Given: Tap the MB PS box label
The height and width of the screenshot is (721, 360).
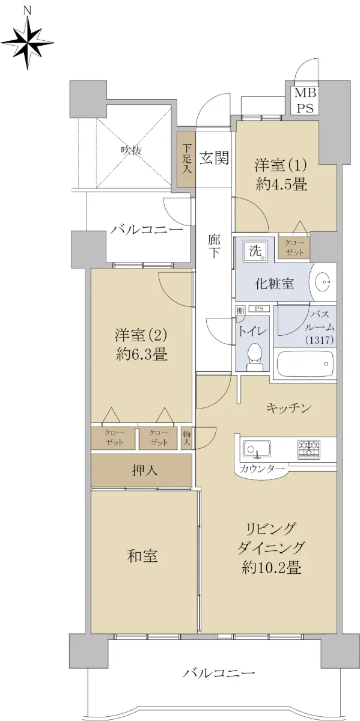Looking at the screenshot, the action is [x=305, y=100].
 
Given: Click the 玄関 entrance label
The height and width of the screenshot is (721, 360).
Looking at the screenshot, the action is [x=214, y=158].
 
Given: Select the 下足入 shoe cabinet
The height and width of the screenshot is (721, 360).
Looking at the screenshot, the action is [x=186, y=160].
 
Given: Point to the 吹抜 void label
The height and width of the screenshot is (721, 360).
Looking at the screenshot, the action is [x=132, y=150].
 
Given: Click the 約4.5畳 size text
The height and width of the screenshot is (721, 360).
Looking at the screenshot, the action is [x=281, y=184].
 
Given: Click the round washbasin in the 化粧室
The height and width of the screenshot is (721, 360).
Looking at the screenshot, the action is [x=323, y=282].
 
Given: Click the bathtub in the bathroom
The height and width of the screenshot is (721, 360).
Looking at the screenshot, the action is [x=305, y=364].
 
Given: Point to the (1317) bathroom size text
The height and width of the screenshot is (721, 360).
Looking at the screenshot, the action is [x=319, y=339].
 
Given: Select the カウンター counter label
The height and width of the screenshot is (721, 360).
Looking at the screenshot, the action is [x=262, y=468].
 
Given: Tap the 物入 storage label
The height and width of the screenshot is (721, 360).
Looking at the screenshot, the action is [x=187, y=439].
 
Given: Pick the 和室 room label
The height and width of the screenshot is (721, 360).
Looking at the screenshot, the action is [x=142, y=556].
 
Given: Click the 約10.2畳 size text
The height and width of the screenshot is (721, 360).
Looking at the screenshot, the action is [x=272, y=577].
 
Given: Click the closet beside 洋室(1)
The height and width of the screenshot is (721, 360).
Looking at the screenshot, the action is [x=294, y=248].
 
